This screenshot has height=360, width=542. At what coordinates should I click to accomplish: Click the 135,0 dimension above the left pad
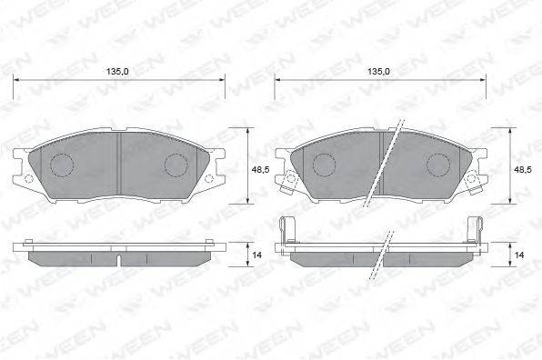[x=117, y=72]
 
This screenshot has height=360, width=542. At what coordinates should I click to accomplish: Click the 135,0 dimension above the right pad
[x=378, y=72]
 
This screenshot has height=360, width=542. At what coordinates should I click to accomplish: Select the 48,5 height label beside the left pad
[x=261, y=169]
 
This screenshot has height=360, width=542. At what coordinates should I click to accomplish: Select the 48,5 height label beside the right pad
[x=523, y=169]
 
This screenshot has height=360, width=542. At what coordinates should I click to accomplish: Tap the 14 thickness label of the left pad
[x=256, y=255]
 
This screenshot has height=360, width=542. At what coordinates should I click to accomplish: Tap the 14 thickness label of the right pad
[x=519, y=255]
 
